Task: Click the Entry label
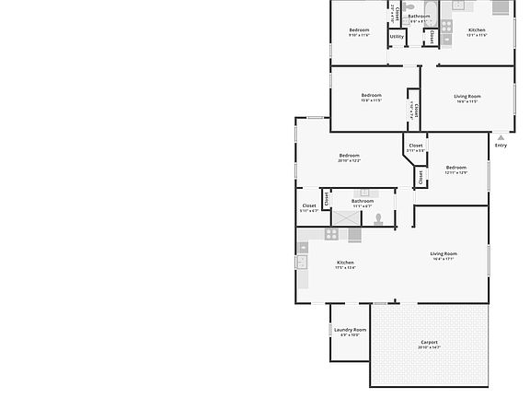501,146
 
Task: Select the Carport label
429,341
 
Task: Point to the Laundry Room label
350,329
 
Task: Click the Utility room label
397,37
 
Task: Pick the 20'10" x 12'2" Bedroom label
349,156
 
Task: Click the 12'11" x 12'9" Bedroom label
456,167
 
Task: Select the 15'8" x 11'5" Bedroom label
371,95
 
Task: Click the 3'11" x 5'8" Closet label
416,146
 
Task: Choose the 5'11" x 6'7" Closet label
309,205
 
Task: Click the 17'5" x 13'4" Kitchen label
345,263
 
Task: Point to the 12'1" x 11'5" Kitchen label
477,30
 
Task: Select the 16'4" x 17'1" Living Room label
444,253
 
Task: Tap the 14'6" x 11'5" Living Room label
467,96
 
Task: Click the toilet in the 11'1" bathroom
378,218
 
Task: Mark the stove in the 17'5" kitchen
330,234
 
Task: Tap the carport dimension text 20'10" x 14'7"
429,347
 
